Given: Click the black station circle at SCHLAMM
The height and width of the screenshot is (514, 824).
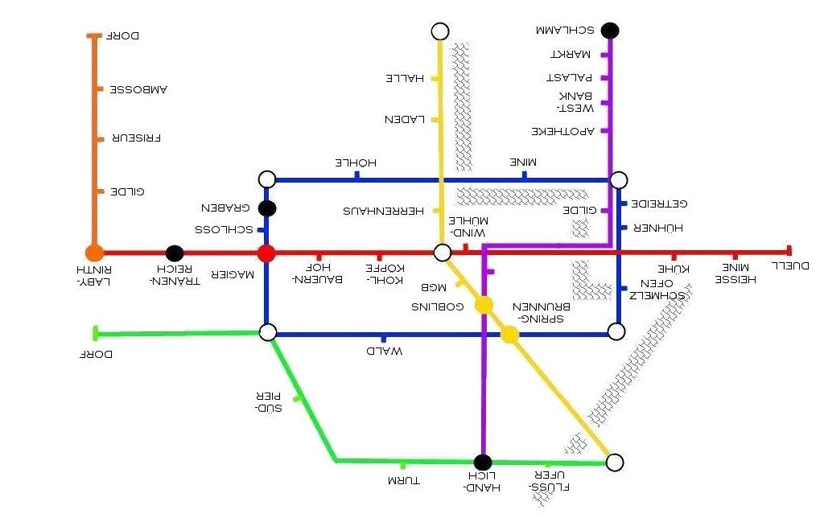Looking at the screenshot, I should [x=610, y=31].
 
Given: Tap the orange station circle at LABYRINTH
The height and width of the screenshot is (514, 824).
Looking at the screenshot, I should [x=94, y=253].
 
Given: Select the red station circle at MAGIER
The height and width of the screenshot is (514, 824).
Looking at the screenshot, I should [x=266, y=253].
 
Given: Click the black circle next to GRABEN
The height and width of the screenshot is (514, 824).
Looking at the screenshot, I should [x=268, y=208].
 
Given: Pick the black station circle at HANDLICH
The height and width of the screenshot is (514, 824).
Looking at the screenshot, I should [x=482, y=463].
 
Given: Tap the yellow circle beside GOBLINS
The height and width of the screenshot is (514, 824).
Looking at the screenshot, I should [x=484, y=305].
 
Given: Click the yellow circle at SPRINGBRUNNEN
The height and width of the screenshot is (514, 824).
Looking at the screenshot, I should [x=509, y=335].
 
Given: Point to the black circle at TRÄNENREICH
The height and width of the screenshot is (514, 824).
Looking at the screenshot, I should [x=175, y=253].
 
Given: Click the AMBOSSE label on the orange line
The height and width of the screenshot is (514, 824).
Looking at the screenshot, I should [x=138, y=88].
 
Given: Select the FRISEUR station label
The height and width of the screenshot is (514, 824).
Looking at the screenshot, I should [x=136, y=138].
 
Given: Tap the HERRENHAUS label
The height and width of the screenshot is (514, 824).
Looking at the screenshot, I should [x=384, y=211].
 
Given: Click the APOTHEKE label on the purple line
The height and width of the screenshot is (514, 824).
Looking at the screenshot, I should [x=562, y=130].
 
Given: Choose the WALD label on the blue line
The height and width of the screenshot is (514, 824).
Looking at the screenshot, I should [x=383, y=352].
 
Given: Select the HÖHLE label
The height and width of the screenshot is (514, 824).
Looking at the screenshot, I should [x=356, y=163].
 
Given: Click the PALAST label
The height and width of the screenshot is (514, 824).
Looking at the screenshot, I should [x=569, y=78].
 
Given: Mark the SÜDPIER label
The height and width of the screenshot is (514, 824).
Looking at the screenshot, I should [x=268, y=402].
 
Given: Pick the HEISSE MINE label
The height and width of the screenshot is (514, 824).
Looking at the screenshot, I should [x=735, y=273].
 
